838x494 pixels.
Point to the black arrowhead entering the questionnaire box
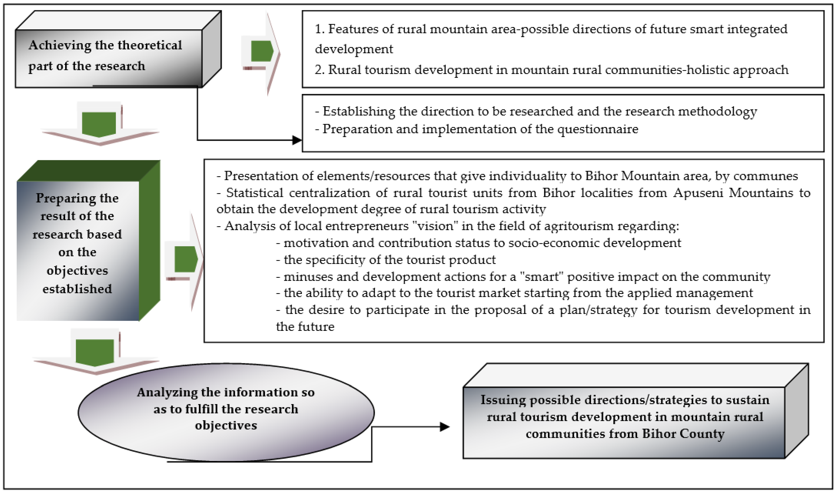click(297, 140)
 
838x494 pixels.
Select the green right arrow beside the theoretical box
click(262, 52)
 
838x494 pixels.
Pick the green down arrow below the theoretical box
click(99, 124)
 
